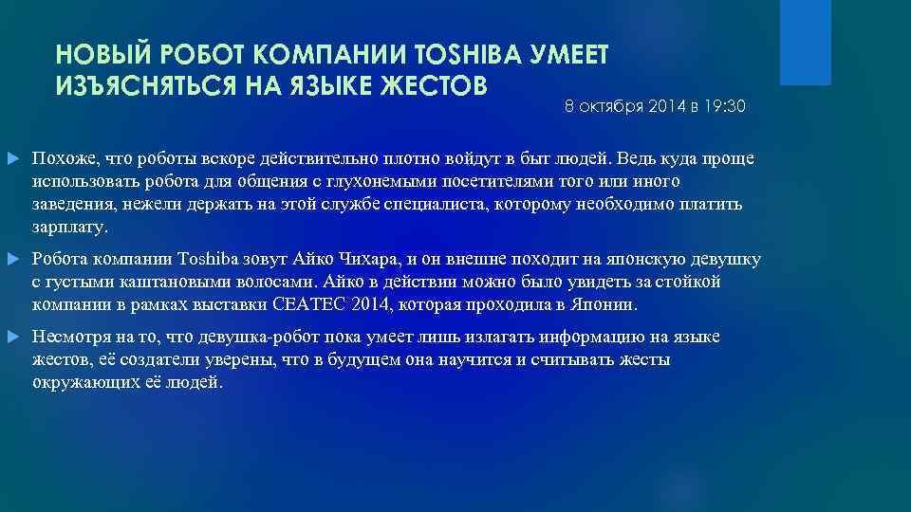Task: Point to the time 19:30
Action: tap(724, 108)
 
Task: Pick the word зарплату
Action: tap(69, 229)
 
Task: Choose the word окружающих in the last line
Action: tap(80, 384)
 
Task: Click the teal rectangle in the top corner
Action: tap(805, 43)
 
